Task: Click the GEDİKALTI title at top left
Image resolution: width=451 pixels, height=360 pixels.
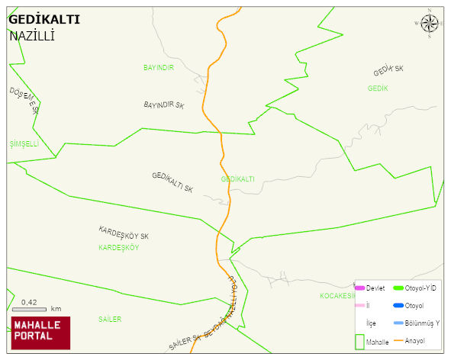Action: [43, 19]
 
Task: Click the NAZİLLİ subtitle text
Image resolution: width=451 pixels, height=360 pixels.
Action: [33, 36]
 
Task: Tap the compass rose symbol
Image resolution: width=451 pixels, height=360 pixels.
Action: [430, 24]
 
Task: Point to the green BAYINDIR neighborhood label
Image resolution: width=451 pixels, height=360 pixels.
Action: [159, 68]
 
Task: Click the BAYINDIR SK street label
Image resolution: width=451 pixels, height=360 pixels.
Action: [164, 104]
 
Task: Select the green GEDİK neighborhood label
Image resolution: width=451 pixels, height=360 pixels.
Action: [378, 88]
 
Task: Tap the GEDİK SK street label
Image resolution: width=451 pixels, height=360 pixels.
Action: [388, 71]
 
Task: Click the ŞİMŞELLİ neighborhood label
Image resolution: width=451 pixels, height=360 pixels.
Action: [24, 143]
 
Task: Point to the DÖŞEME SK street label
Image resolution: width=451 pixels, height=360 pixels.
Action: [24, 100]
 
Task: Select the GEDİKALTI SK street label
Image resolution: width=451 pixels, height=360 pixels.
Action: [172, 182]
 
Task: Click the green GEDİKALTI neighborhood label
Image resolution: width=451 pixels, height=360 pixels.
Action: [237, 179]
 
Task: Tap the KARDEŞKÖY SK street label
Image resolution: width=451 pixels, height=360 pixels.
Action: [123, 233]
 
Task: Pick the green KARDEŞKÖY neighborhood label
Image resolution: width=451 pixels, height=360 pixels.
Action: [118, 248]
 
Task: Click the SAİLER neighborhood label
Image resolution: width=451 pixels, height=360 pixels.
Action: [109, 319]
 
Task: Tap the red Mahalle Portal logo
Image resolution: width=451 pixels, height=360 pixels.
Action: [40, 333]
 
